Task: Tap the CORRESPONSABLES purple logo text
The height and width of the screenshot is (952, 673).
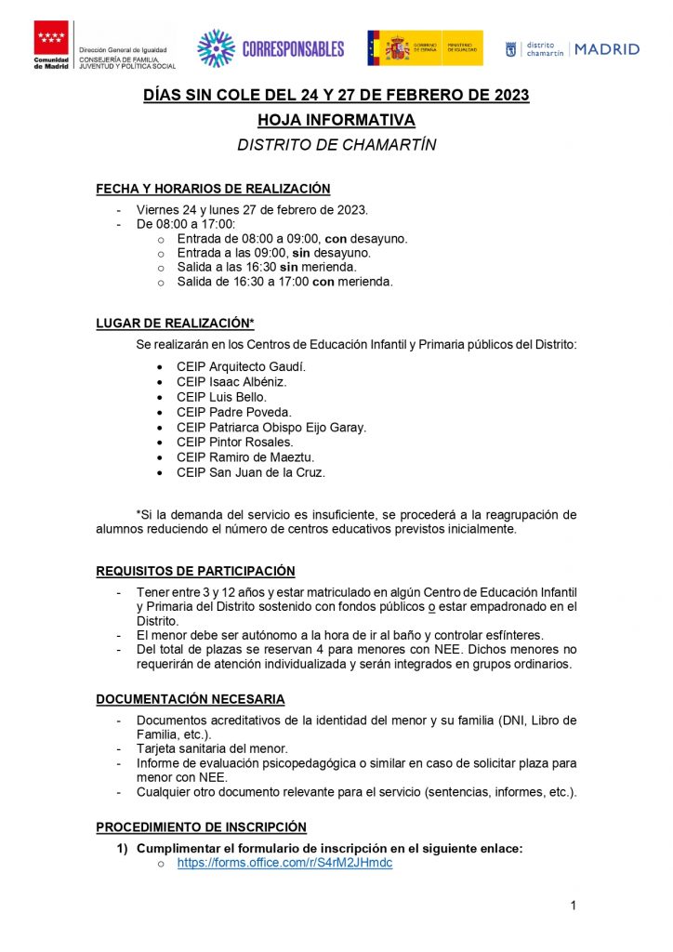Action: [x=293, y=48]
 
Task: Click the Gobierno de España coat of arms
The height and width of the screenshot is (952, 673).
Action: [x=397, y=47]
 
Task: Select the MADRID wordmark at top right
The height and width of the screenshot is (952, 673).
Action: [x=607, y=49]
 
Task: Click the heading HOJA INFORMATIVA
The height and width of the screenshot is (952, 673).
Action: [x=336, y=120]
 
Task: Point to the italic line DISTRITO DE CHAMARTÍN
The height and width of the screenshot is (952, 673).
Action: [x=336, y=145]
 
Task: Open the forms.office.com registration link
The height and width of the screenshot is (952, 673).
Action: [x=284, y=863]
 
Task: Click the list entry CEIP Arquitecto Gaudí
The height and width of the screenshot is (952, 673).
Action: [x=241, y=366]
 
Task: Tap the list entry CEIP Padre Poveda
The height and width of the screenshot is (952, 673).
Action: [x=233, y=412]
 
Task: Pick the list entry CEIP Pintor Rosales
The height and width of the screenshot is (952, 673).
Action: [x=234, y=442]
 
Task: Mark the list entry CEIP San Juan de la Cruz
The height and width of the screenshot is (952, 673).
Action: [x=251, y=472]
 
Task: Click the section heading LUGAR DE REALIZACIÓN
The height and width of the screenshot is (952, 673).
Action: [x=175, y=324]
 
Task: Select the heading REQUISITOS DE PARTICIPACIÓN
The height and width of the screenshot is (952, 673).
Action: [x=195, y=571]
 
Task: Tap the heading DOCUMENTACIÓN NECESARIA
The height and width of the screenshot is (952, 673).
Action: [x=191, y=699]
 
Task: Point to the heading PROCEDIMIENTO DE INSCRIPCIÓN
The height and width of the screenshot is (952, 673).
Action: [x=201, y=826]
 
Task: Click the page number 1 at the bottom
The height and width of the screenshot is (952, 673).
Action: [x=574, y=906]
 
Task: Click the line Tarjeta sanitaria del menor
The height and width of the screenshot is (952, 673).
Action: [x=212, y=748]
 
